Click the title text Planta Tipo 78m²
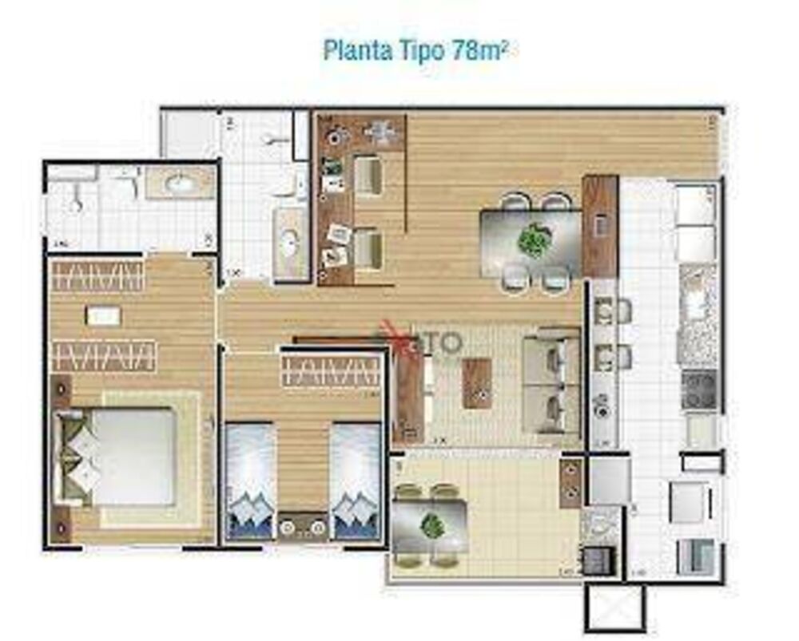click(415, 49)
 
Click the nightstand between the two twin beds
click(303, 526)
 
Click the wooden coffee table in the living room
click(477, 383)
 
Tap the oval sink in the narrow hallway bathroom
click(288, 243)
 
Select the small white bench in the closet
click(102, 316)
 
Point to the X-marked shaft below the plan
click(614, 608)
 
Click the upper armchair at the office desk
click(368, 175)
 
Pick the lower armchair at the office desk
click(368, 249)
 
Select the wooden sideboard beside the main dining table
click(600, 226)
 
